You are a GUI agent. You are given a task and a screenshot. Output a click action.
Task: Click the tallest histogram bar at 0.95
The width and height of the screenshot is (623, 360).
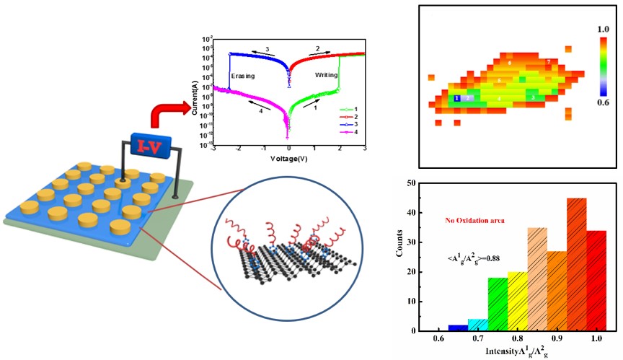coord(557,264)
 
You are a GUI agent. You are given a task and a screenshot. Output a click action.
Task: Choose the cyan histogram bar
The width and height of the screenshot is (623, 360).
coord(477,325)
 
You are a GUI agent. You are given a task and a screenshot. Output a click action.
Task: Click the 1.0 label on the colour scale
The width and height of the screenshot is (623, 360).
coord(604,28)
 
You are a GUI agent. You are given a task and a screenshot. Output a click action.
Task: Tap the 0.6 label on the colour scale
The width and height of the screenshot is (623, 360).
coord(604,102)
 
